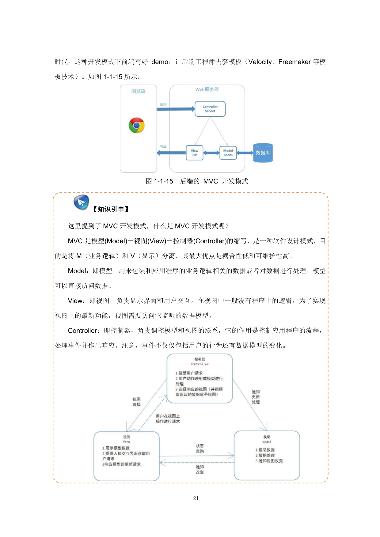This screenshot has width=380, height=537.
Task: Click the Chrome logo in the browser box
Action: (137, 125)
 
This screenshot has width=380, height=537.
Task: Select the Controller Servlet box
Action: (210, 109)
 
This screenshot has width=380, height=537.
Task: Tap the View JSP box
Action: (195, 153)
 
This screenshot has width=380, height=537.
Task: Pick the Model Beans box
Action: (228, 153)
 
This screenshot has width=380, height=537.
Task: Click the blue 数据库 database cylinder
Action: (263, 153)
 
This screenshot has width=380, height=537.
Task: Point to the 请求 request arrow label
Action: (163, 104)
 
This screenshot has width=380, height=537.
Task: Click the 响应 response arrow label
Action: (163, 146)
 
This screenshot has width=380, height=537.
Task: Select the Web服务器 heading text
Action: (207, 89)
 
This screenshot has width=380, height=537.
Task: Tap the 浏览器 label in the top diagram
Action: (138, 91)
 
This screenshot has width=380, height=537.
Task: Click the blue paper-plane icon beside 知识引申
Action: (81, 202)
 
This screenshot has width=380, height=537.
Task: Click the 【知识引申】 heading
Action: (111, 209)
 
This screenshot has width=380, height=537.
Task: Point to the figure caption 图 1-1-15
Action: (159, 181)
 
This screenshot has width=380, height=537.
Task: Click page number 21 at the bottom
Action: (196, 498)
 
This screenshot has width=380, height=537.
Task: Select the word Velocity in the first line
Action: (260, 62)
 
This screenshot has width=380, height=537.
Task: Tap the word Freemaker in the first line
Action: (294, 62)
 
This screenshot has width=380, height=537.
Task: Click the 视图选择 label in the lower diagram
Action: (136, 402)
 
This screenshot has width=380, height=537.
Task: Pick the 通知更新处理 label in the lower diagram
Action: (256, 397)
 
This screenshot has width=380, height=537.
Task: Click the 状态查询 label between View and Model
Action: (200, 448)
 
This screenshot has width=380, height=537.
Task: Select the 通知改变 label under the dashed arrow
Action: (200, 469)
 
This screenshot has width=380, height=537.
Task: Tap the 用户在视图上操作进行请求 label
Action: (168, 419)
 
